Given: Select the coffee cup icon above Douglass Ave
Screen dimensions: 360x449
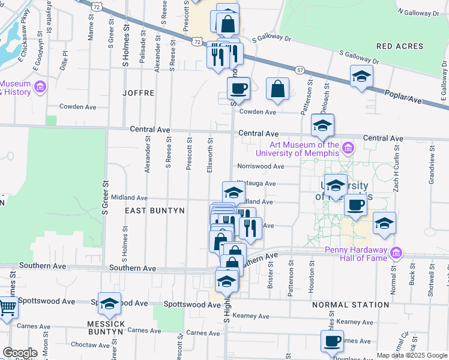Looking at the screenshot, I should (331, 341).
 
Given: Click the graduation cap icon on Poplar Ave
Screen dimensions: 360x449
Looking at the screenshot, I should (361, 76).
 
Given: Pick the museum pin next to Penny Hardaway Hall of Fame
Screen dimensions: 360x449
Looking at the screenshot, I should (394, 253).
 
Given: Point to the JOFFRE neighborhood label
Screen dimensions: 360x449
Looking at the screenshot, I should (139, 93).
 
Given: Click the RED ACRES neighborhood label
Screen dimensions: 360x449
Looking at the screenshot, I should (399, 46).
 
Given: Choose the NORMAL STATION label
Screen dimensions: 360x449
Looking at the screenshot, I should (351, 305).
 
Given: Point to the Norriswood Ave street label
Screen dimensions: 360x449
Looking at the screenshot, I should (260, 166).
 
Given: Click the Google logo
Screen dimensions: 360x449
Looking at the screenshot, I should (20, 353).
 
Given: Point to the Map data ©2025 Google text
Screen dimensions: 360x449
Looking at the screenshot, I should (411, 355).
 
